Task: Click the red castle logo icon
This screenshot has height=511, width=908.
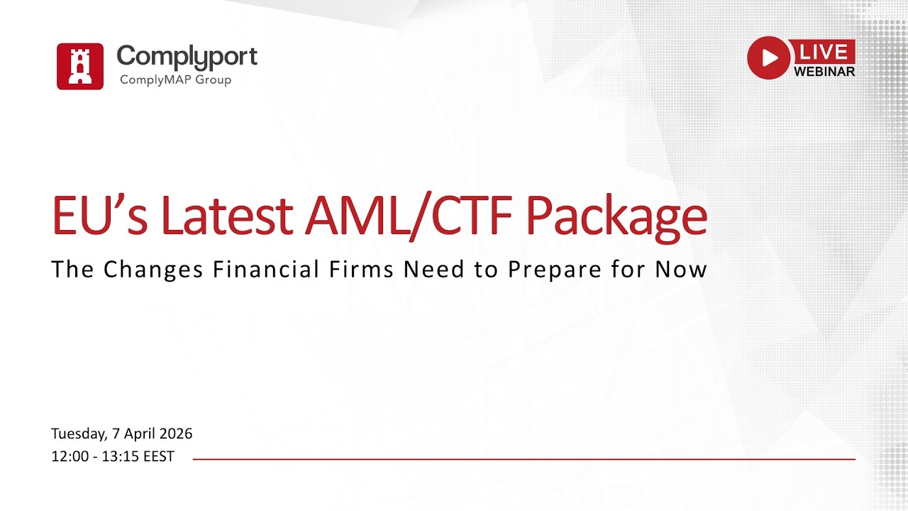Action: coord(80,66)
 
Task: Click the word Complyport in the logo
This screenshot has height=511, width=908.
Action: coord(187,56)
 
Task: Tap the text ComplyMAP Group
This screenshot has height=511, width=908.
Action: coord(175,79)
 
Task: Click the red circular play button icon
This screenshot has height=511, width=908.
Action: coord(768,57)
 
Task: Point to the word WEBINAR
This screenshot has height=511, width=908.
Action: coord(824,71)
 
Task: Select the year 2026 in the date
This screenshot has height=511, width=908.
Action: coord(175,434)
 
